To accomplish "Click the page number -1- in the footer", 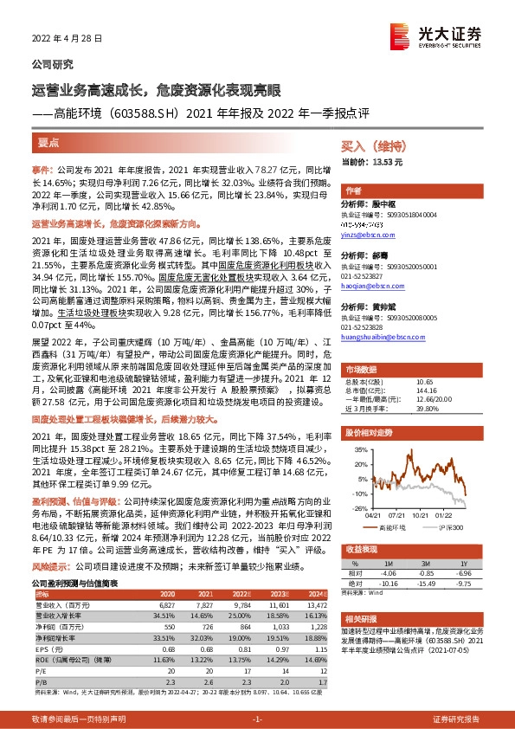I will click(x=257, y=719).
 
